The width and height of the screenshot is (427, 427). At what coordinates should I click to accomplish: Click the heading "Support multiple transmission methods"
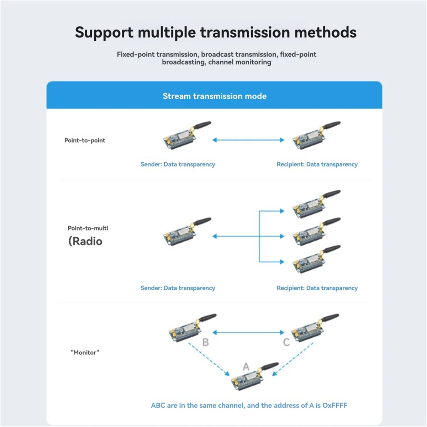coord(216,33)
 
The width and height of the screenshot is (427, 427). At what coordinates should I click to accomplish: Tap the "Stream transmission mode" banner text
coord(215,96)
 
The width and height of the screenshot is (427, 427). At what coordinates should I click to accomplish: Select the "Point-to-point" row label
coord(85,140)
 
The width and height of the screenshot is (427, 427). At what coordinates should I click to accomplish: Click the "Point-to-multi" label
coord(88,228)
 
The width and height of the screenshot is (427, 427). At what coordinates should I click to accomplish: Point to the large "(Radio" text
coord(85,241)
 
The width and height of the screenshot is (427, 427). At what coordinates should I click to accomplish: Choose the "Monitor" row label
coord(85,352)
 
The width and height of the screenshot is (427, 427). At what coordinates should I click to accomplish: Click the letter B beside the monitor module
coord(205,342)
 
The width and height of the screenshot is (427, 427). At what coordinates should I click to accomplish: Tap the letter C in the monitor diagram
coord(286,342)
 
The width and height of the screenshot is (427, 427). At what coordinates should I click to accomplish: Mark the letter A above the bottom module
coord(246,367)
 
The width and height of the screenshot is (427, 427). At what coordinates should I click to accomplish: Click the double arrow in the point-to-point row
coord(248,140)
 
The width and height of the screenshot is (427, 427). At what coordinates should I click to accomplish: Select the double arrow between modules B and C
coord(248,332)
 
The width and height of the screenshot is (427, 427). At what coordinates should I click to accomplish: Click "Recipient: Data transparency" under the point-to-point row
coord(317,164)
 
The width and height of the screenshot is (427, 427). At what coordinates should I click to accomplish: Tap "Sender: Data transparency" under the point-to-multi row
coord(178,288)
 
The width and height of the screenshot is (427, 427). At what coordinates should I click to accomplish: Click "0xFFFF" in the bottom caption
coord(334,405)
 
